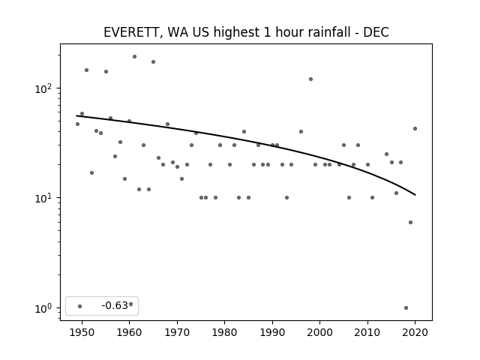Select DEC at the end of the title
tap(376, 32)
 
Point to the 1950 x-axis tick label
tap(82, 332)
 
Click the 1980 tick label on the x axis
tap(224, 332)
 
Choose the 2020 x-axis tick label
tap(415, 332)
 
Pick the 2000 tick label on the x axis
tap(319, 332)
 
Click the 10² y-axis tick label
tap(43, 88)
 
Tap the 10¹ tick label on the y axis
tap(43, 198)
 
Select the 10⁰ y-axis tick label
tap(43, 308)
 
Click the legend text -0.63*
tap(118, 305)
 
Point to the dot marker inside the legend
tap(80, 306)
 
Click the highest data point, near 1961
tap(134, 57)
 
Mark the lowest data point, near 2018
tap(406, 308)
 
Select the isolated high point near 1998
tap(310, 79)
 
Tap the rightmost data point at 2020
tap(415, 128)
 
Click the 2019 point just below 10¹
tap(410, 222)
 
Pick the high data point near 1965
tap(153, 61)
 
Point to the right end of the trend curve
tap(415, 195)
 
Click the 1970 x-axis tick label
tap(177, 332)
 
